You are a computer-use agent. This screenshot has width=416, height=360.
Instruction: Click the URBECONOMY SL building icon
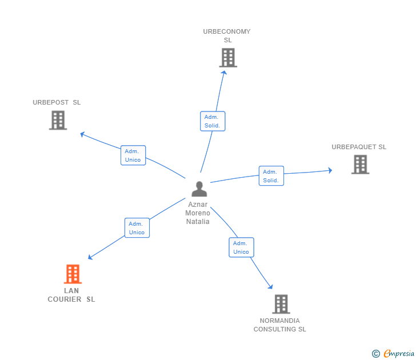[x=227, y=58]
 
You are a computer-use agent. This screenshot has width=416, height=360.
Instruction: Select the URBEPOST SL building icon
[x=58, y=120]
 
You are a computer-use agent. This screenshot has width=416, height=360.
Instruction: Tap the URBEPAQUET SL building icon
[x=360, y=165]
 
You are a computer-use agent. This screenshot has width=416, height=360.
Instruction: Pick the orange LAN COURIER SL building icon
[x=73, y=274]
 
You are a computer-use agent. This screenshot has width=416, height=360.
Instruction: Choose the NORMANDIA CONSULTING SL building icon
[x=281, y=304]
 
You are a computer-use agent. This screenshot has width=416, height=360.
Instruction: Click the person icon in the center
[x=199, y=189]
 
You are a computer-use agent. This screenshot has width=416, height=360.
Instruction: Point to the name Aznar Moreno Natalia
[x=198, y=213]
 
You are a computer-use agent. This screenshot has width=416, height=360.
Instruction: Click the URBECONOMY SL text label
[x=227, y=35]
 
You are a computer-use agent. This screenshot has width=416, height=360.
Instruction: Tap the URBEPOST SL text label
[x=57, y=102]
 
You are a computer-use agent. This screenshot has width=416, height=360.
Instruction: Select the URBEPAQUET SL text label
[x=359, y=147]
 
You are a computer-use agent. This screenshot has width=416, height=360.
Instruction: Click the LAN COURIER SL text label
[x=71, y=295]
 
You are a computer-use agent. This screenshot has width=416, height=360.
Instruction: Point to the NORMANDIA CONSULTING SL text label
[x=280, y=325]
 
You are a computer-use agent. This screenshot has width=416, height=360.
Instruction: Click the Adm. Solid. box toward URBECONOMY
[x=213, y=121]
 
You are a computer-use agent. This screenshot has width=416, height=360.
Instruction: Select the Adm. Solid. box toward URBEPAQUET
[x=271, y=176]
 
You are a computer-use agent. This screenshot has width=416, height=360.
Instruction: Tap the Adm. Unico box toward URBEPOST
[x=133, y=155]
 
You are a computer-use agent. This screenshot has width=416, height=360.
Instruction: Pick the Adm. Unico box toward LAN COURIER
[x=137, y=228]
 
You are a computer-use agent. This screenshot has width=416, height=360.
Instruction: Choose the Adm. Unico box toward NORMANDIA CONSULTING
[x=241, y=247]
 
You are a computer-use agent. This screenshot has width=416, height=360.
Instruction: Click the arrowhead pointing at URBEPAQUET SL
[x=330, y=170]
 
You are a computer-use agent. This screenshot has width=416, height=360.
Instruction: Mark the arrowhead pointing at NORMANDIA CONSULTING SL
[x=270, y=287]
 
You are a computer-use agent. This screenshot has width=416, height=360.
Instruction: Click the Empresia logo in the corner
[x=393, y=354]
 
